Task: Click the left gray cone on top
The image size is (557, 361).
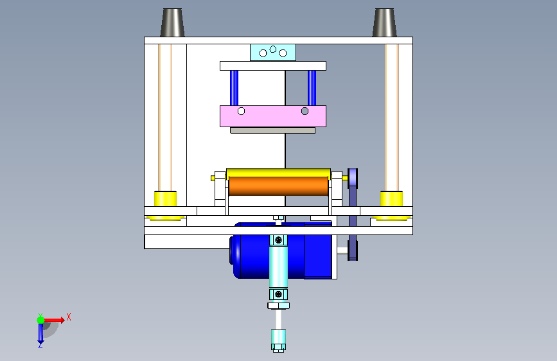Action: [x=172, y=22]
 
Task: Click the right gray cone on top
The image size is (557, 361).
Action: [x=384, y=22]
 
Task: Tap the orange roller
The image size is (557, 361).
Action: [x=279, y=186]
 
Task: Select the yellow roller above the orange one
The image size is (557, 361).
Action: [x=279, y=173]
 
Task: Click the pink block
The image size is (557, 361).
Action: [x=273, y=116]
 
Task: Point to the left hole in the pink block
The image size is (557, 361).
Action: [x=241, y=111]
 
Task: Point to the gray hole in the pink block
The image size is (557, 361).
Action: [x=305, y=111]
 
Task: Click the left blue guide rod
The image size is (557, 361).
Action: [x=234, y=88]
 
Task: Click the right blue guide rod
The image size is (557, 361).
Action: [x=312, y=88]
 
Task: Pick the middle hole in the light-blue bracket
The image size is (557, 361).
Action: [x=273, y=49]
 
